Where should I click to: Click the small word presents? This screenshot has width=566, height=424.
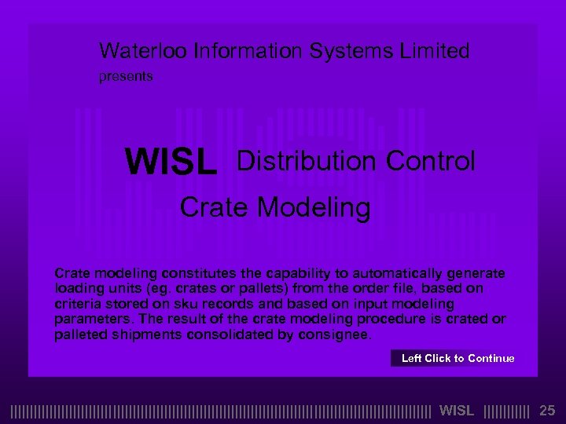(125, 77)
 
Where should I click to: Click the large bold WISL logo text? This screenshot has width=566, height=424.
(171, 163)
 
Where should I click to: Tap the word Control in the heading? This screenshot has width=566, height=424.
(431, 161)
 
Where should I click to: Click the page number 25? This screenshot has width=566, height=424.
(547, 410)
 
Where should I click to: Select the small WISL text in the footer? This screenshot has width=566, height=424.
(457, 410)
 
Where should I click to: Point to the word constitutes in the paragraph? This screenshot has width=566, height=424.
(197, 273)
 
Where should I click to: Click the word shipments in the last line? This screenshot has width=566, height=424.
(144, 334)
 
